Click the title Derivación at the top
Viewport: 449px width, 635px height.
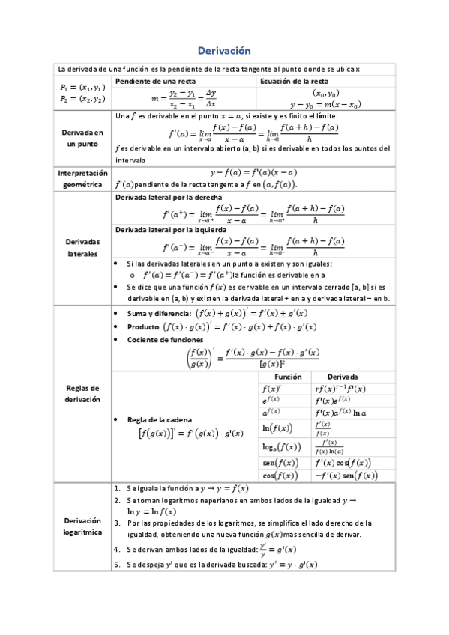[223, 51]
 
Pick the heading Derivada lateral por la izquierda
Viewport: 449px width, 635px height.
[165, 230]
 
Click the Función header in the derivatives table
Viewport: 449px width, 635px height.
[287, 377]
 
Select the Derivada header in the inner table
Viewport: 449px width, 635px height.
[343, 377]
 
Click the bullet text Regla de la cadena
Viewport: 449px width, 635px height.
[160, 419]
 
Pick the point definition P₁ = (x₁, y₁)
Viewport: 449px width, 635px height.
[82, 88]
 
